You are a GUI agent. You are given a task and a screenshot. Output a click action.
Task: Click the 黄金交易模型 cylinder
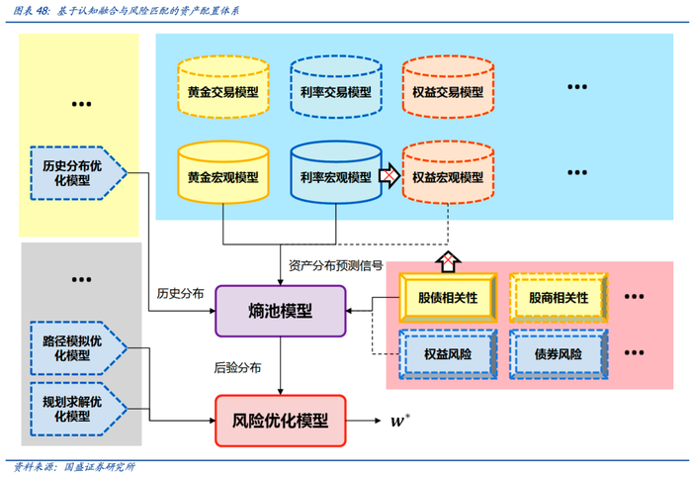click(x=222, y=90)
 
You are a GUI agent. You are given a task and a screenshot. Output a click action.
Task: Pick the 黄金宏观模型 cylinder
click(x=222, y=177)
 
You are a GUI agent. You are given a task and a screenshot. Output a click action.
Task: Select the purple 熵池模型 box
click(x=281, y=310)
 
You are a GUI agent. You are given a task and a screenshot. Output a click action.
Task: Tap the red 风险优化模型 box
click(x=281, y=421)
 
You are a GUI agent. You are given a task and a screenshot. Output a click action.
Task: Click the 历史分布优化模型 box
click(x=78, y=172)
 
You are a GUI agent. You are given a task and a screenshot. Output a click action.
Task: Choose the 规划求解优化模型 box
click(x=78, y=408)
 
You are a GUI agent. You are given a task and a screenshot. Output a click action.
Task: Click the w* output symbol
click(x=399, y=422)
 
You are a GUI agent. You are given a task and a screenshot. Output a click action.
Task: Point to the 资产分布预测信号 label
click(x=335, y=264)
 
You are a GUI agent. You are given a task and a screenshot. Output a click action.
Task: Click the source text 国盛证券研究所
click(x=99, y=467)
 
